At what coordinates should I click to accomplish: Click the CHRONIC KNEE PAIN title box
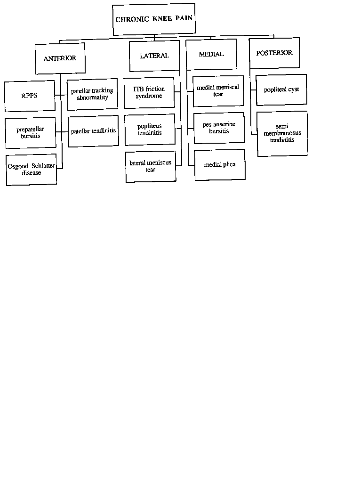tap(153, 19)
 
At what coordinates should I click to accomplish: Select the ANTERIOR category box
tap(60, 58)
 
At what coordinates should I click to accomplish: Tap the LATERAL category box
tap(154, 56)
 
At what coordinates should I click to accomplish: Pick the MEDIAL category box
tap(211, 55)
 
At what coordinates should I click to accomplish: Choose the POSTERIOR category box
tap(274, 53)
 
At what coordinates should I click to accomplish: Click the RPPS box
tap(30, 96)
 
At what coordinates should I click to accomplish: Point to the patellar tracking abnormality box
tap(93, 94)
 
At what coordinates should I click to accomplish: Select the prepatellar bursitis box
tap(31, 132)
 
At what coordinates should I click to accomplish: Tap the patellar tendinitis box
tap(93, 131)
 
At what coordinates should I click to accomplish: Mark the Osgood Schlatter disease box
tap(31, 170)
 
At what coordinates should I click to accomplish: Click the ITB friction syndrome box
tap(149, 93)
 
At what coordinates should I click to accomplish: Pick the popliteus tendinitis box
tap(150, 130)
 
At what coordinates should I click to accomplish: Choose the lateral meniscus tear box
tap(151, 166)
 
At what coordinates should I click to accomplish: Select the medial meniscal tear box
tap(218, 91)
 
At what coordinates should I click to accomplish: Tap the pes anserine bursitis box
tap(219, 128)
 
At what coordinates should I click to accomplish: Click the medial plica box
tap(220, 165)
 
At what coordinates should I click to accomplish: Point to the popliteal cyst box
tap(281, 89)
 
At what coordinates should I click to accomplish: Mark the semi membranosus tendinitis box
tap(282, 133)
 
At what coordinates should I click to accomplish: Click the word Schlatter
tap(43, 166)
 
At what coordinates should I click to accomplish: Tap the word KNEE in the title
tap(162, 19)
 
